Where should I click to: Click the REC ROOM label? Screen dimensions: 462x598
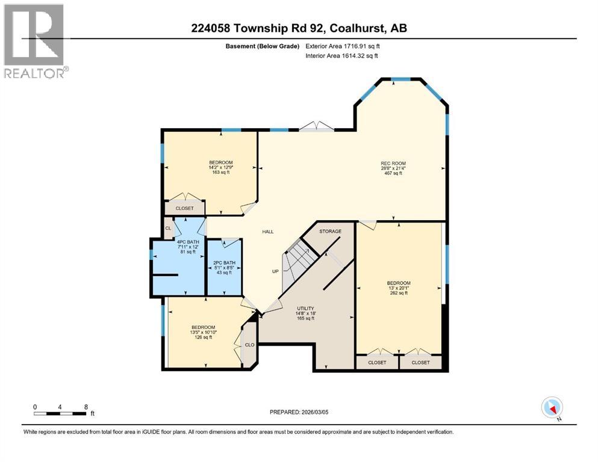click(x=393, y=162)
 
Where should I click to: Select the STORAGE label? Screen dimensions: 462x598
click(x=330, y=231)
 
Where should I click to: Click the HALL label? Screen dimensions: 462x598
click(x=268, y=232)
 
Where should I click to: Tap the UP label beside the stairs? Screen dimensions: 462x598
click(x=275, y=271)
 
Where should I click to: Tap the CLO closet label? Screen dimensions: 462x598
click(x=249, y=345)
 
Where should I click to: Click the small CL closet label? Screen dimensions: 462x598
click(x=169, y=228)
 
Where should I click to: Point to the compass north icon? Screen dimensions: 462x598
click(x=552, y=407)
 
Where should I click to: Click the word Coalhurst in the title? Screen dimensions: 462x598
click(x=362, y=28)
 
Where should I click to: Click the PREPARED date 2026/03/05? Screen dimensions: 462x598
click(x=325, y=412)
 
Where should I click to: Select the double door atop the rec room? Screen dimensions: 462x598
click(x=317, y=126)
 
